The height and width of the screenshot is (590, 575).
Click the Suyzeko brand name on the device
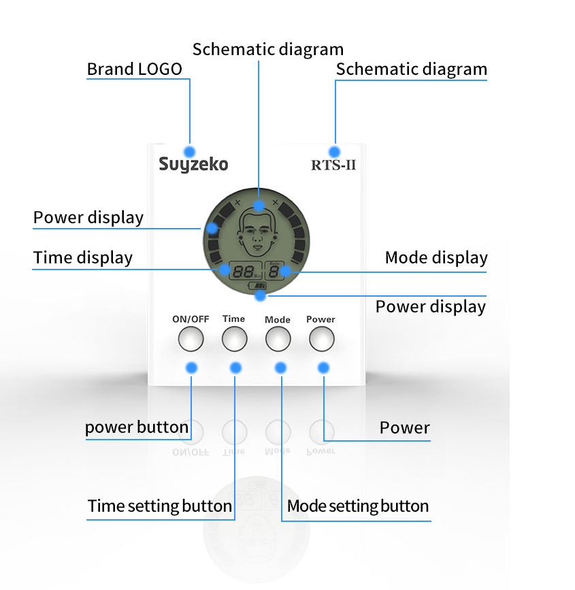(x=193, y=165)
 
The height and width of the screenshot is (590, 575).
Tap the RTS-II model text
(x=333, y=165)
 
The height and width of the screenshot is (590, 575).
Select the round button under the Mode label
(x=278, y=339)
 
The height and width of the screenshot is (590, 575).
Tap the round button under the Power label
(x=322, y=339)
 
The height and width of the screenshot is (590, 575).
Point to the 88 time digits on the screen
(x=242, y=271)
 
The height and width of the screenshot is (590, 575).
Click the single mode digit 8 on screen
(x=274, y=272)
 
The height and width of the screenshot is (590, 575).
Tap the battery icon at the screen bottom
(x=257, y=286)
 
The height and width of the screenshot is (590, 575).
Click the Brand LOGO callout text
(x=135, y=69)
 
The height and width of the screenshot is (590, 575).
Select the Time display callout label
(x=83, y=258)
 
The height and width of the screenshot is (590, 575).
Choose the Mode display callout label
(x=436, y=258)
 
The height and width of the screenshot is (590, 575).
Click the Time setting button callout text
(x=160, y=506)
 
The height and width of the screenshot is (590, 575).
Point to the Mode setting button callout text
(x=358, y=506)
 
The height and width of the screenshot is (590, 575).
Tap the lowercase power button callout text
(x=137, y=427)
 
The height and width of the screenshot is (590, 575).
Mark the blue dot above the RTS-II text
(x=334, y=152)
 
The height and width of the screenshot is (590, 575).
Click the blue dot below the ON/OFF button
(x=191, y=367)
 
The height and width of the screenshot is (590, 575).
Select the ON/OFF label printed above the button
(x=191, y=319)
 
